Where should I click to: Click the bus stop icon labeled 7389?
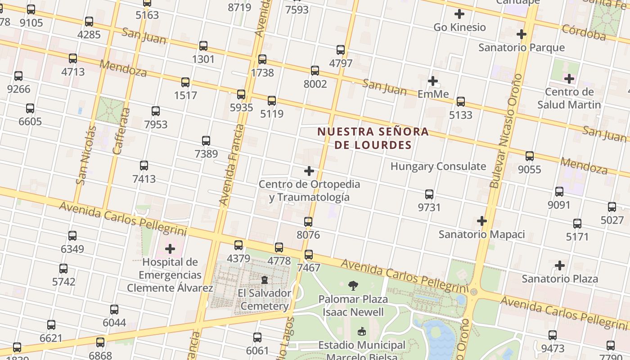coord(206,141)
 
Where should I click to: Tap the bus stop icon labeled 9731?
coord(429,194)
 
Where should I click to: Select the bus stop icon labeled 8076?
coord(308,222)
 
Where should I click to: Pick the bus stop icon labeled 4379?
coord(238,245)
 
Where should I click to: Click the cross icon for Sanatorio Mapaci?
coord(482,221)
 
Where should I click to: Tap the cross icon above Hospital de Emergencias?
coord(170,249)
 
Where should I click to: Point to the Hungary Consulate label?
coord(438,166)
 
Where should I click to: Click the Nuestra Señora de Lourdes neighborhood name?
coord(373,138)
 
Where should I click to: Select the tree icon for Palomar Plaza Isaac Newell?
coord(353,285)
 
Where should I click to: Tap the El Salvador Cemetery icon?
coord(265,280)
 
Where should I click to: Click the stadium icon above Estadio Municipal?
coord(361,332)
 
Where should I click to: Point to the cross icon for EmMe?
coord(433,81)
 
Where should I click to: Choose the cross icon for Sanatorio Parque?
coord(522,34)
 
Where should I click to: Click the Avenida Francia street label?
coord(231,165)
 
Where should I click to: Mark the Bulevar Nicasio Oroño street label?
coord(506,130)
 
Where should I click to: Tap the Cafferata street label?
coord(121,131)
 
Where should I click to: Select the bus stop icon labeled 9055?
coord(530,156)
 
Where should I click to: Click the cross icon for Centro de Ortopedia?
coord(309,171)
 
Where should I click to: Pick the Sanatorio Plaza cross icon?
coord(560,265)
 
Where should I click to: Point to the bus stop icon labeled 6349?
coord(72,236)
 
